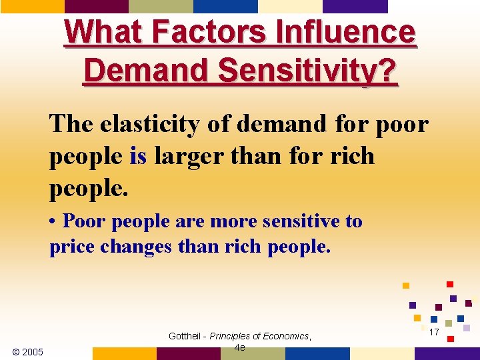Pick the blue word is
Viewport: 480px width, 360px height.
138,157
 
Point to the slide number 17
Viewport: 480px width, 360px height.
433,332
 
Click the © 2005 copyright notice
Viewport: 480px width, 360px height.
28,351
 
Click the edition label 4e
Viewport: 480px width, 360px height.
240,347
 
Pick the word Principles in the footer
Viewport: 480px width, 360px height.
232,336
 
